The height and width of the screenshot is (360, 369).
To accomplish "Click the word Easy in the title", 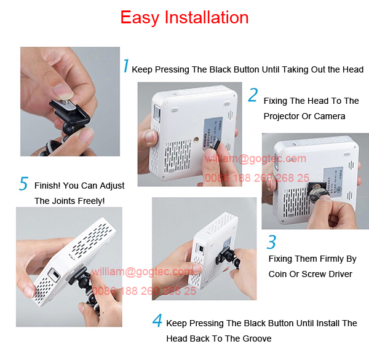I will pos(141,18).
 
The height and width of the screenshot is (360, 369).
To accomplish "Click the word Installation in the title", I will pos(206,18).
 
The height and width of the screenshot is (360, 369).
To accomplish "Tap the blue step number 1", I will pos(125,67).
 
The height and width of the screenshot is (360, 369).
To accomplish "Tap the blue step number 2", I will pos(253,95).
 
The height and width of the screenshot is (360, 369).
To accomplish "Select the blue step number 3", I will pos(271,241).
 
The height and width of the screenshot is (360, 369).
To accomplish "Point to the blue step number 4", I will pos(157,320).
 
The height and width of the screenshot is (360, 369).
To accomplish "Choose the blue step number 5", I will pos(24,184).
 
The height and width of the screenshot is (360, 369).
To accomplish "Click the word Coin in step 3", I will pos(280,274).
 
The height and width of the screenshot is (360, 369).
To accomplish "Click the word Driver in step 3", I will pos(339,274).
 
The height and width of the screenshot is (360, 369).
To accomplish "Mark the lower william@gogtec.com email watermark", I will pos(142,272).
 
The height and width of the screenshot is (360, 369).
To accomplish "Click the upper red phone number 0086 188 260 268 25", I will pos(256,178).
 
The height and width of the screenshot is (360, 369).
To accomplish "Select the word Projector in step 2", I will pos(285,116).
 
